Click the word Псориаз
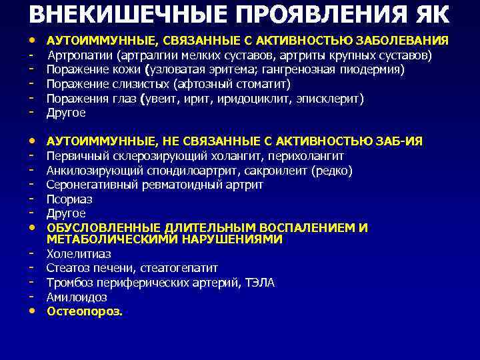coord(69,199)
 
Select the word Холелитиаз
coord(79,254)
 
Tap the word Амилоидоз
coord(77,297)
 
